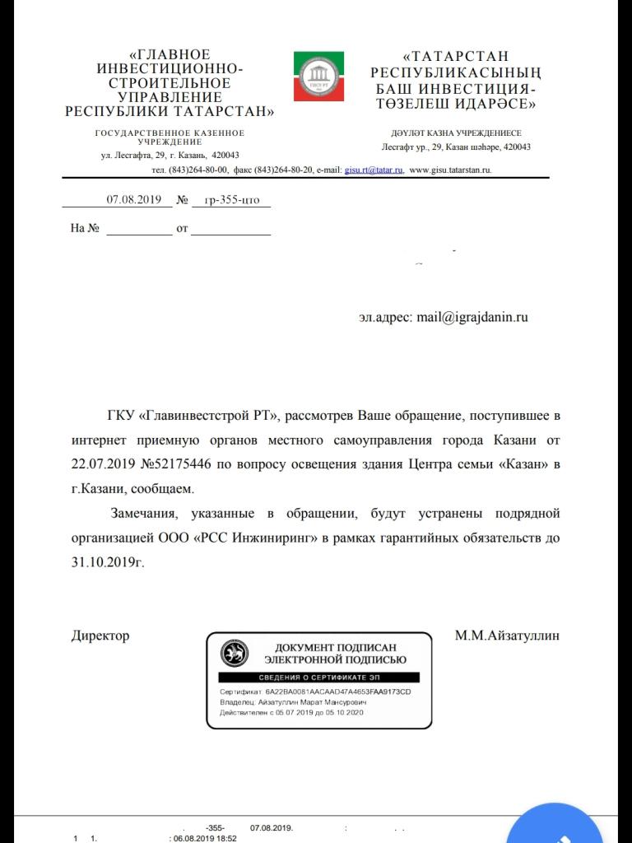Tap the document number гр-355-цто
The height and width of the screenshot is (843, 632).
click(x=231, y=200)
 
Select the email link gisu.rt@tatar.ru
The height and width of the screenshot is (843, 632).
click(x=374, y=170)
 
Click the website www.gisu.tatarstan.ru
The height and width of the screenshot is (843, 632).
click(x=450, y=170)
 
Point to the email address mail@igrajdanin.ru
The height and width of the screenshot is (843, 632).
click(x=472, y=317)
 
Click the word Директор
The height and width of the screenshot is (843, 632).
click(x=100, y=636)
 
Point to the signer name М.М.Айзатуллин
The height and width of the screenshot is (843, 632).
click(x=507, y=636)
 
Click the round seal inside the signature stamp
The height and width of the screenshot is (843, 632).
click(x=235, y=654)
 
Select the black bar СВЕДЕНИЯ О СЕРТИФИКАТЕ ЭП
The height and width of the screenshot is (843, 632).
click(x=318, y=677)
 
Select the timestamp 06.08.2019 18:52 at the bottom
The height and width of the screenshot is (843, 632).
click(x=202, y=838)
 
